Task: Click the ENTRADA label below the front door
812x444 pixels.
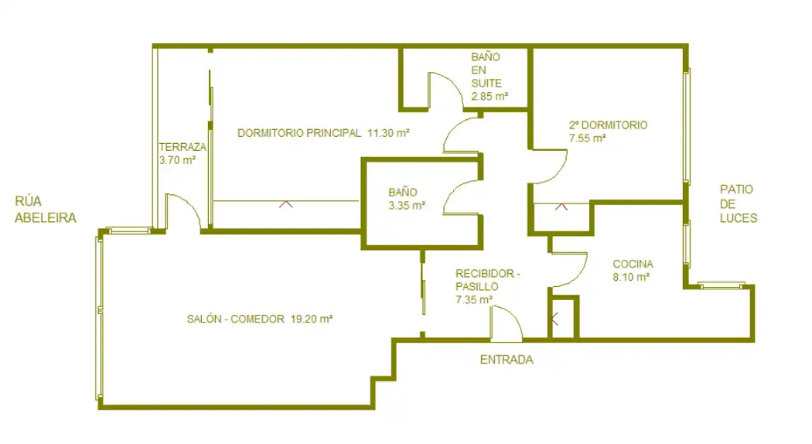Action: click(507, 360)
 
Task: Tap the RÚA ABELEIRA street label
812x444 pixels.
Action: click(46, 210)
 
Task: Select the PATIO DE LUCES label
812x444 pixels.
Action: click(739, 203)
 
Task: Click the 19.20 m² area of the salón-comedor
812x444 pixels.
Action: click(311, 319)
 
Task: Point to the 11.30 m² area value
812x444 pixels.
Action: click(388, 132)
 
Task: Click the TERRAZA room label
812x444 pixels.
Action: click(183, 147)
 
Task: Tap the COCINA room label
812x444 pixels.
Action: click(633, 265)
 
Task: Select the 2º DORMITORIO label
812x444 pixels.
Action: click(608, 125)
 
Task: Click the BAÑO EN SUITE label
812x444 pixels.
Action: click(486, 70)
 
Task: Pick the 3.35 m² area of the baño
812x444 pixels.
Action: click(407, 206)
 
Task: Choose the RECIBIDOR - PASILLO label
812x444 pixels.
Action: click(487, 280)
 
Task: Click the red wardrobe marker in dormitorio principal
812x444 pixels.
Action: click(286, 204)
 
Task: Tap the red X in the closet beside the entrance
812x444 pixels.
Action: click(554, 319)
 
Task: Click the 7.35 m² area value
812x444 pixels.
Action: click(474, 299)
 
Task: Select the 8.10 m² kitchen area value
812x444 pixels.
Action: click(631, 277)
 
